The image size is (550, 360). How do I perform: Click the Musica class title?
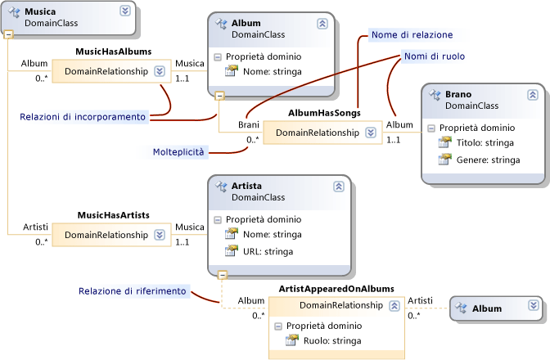pos(42,12)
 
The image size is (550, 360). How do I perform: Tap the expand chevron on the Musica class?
pos(124,11)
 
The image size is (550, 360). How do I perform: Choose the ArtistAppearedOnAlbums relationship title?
pos(337,289)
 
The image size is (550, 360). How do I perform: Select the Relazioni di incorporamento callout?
pos(82,117)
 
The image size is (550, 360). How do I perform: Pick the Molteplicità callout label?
pos(179,152)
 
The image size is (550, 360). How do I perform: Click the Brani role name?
pos(249,124)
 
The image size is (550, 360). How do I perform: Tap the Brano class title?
pos(458,95)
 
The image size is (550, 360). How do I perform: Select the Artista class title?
pos(248,187)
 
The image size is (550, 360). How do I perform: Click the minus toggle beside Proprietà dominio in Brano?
pos(431,128)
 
